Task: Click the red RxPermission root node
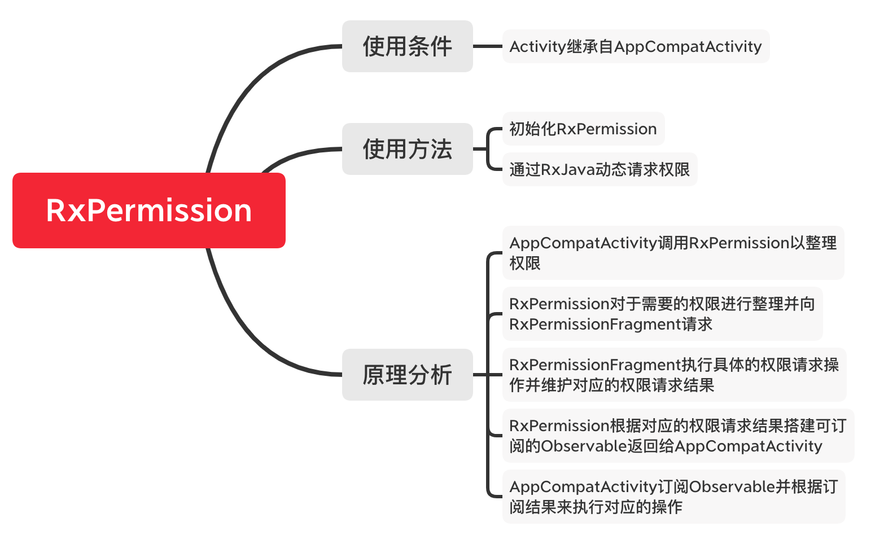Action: pos(149,210)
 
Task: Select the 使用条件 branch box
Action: pos(407,46)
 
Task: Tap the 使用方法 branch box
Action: pos(407,149)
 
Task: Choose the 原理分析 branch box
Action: pos(407,375)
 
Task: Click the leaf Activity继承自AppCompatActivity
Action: pos(636,46)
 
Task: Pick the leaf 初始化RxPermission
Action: pos(583,129)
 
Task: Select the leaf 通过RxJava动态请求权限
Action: pos(600,169)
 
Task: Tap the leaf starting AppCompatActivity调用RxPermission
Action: pos(673,253)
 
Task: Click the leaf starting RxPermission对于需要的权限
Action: pos(662,314)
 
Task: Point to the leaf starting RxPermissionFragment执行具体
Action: pos(674,375)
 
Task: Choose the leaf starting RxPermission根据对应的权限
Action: pos(677,436)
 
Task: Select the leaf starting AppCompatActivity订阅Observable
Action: pos(673,497)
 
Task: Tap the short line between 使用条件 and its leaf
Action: pos(487,46)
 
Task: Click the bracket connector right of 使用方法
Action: pos(487,149)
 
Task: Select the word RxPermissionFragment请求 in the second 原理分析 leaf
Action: pos(611,324)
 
